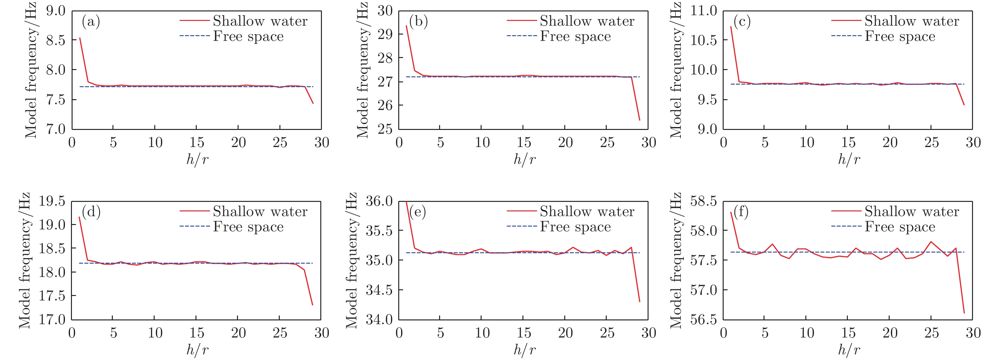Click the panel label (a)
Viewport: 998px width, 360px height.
tap(91, 21)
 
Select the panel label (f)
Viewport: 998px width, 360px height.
tap(741, 212)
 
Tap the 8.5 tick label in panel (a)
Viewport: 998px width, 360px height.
tap(55, 40)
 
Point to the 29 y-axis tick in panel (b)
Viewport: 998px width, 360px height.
tap(385, 35)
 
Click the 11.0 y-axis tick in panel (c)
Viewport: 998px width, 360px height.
tap(703, 11)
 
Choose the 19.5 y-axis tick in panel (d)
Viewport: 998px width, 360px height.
tap(52, 201)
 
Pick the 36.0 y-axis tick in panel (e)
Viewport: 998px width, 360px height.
tap(379, 201)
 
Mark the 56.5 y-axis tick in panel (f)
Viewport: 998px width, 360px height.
tap(703, 320)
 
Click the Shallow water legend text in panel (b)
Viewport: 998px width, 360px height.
tap(587, 21)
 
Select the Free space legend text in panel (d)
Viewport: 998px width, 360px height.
tap(248, 227)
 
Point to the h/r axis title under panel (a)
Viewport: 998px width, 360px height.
tap(197, 159)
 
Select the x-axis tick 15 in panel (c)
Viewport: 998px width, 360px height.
tap(848, 143)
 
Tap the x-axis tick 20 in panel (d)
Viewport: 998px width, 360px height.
tap(238, 333)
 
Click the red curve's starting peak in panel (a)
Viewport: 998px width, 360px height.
tap(80, 38)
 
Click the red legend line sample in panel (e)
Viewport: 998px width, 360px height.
tap(521, 211)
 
